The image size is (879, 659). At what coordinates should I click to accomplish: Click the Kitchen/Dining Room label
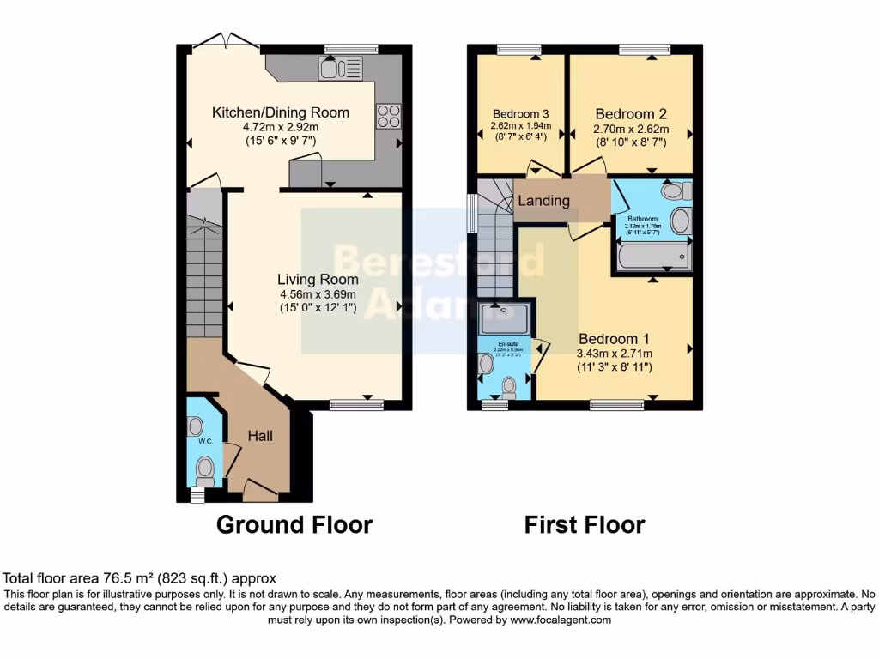(281, 112)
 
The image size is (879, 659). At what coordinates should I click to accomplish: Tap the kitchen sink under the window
(341, 68)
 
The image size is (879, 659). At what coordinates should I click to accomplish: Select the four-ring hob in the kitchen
(388, 116)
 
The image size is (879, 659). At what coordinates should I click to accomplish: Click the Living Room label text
(318, 280)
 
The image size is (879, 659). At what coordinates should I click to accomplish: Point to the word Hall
(260, 436)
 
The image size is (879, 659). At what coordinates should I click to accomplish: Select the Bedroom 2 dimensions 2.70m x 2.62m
(631, 130)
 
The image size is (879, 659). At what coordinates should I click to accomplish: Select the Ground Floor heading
(294, 524)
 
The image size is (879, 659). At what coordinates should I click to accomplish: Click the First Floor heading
(585, 524)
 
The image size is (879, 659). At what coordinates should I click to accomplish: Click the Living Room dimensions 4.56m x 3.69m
(318, 294)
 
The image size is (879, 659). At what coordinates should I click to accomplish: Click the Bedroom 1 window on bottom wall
(616, 405)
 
